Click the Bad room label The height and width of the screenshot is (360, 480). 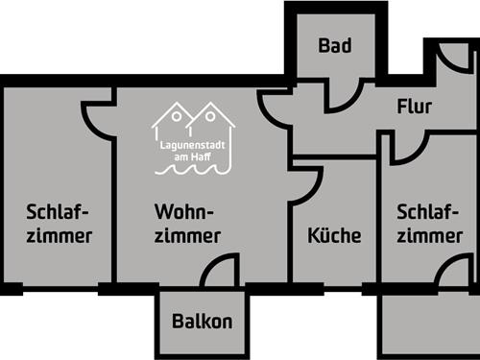click(335, 45)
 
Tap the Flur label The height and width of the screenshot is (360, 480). click(414, 107)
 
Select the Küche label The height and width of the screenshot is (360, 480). click(334, 235)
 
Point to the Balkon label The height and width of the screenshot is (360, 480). click(202, 322)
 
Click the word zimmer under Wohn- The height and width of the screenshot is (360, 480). click(188, 235)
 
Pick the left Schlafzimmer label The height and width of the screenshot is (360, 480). click(60, 223)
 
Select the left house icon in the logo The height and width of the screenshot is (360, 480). click(175, 123)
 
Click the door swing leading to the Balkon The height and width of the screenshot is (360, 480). click(220, 272)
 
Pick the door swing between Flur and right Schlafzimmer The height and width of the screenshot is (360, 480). click(409, 149)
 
